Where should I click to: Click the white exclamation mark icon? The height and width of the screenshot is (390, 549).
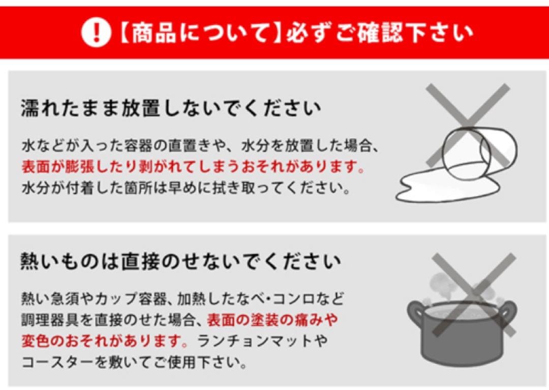pos(96,33)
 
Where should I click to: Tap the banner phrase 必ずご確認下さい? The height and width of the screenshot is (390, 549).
pos(379,33)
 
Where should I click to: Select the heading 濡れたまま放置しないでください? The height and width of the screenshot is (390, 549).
pos(171,108)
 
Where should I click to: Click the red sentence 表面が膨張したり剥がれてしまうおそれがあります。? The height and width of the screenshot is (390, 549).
pos(193,167)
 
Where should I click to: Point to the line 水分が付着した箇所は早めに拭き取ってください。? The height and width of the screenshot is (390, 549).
pos(186,188)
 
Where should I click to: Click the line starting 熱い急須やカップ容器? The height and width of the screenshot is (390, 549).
pos(183,297)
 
